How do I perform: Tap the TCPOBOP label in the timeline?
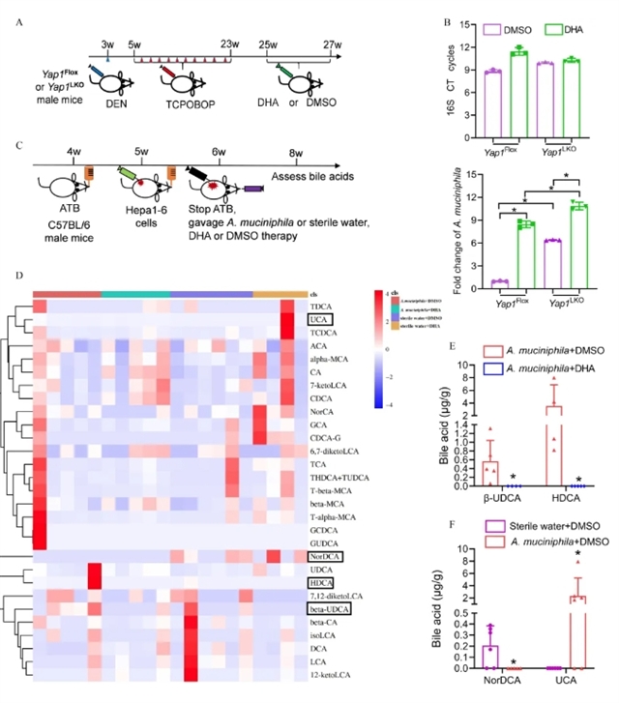tap(189, 102)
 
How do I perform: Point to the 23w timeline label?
tap(231, 44)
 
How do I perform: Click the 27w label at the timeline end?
tap(333, 44)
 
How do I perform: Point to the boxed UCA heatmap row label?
tap(319, 318)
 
